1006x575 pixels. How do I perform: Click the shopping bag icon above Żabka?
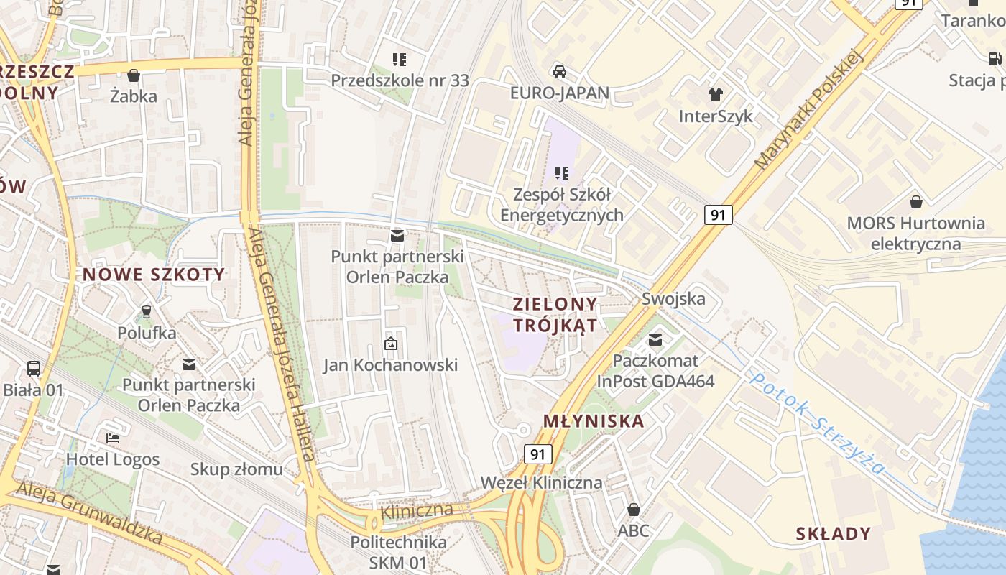pos(133,75)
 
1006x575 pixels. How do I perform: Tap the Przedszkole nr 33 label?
pos(400,80)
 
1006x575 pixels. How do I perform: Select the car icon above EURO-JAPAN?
pos(559,71)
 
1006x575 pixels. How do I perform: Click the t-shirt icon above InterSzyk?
pos(715,94)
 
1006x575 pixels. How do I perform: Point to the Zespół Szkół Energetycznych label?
pos(562,205)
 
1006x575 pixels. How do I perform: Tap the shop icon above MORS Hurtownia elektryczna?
pos(915,202)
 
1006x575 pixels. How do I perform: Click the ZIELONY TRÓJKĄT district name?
pos(555,314)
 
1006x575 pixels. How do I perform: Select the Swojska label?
pos(673,299)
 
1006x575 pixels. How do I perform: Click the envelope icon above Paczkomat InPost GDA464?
pos(655,339)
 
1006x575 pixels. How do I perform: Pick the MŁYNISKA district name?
pos(594,421)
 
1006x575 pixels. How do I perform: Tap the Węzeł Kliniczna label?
pos(541,482)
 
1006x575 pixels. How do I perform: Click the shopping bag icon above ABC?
pos(633,510)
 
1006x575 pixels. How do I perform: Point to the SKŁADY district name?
pos(834,534)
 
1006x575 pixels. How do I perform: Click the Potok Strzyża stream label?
pos(817,424)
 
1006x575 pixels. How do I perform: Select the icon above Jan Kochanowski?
pos(390,344)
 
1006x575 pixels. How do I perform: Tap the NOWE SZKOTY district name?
pos(154,275)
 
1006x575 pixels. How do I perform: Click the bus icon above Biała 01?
pos(34,369)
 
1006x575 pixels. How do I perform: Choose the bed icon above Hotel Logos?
pos(113,438)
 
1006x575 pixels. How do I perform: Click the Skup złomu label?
pos(236,470)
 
